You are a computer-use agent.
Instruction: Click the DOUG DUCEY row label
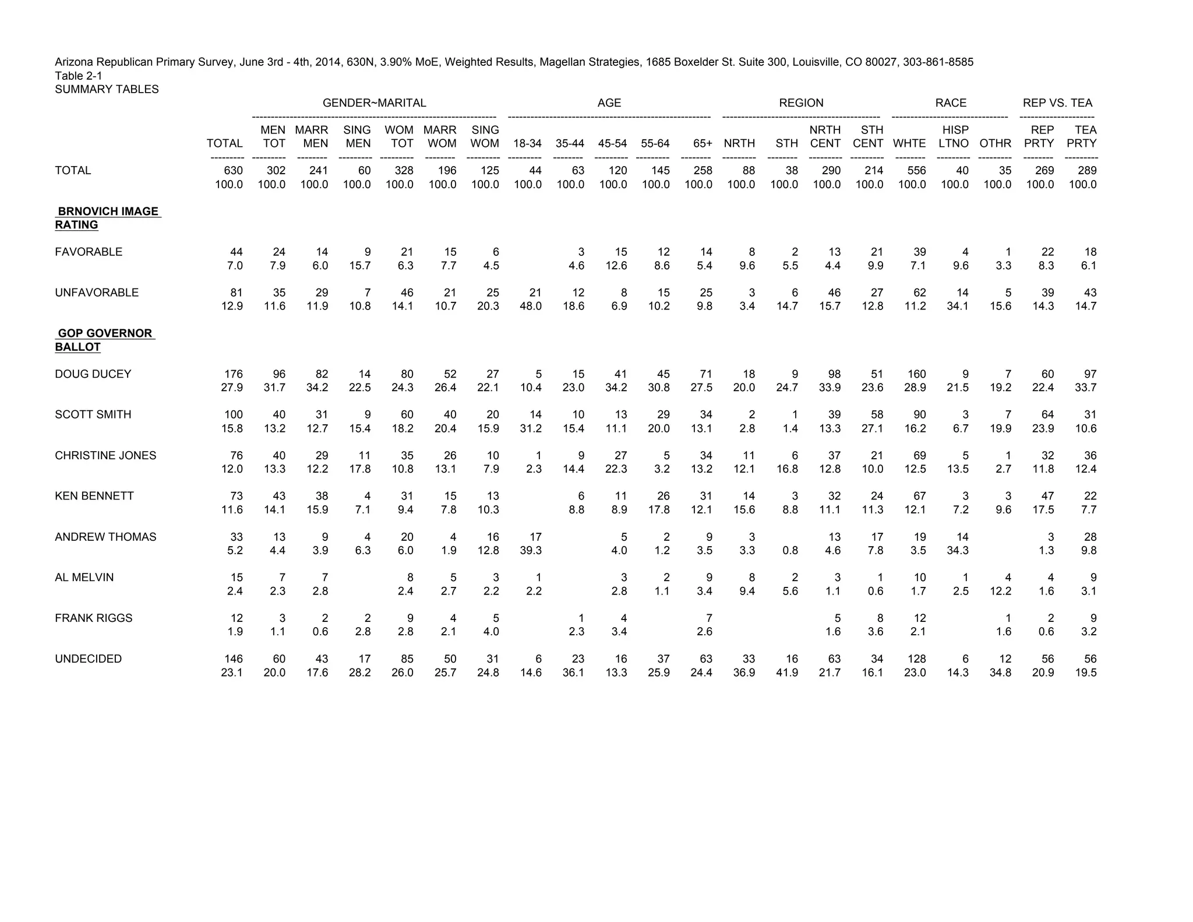[93, 374]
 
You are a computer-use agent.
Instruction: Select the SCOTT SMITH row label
[93, 415]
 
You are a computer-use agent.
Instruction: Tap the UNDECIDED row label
[89, 659]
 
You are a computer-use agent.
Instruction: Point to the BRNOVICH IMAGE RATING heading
[107, 218]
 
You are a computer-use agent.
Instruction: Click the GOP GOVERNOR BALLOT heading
[105, 340]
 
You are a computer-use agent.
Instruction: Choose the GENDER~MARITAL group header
[374, 103]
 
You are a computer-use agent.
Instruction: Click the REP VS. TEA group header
[1057, 103]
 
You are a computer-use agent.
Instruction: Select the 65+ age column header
[703, 144]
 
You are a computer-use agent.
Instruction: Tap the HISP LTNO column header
[954, 137]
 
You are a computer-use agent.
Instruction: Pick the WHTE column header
[909, 144]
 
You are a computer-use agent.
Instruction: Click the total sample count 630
[234, 171]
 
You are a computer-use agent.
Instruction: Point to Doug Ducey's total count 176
[234, 374]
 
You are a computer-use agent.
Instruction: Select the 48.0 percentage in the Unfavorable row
[530, 307]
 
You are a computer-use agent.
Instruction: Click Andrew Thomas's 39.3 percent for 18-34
[530, 551]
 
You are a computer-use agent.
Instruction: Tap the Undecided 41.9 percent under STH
[787, 673]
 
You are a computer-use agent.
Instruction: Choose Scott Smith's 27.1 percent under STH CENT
[872, 429]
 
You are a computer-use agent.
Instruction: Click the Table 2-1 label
[79, 76]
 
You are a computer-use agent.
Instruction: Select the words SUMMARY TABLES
[107, 89]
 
